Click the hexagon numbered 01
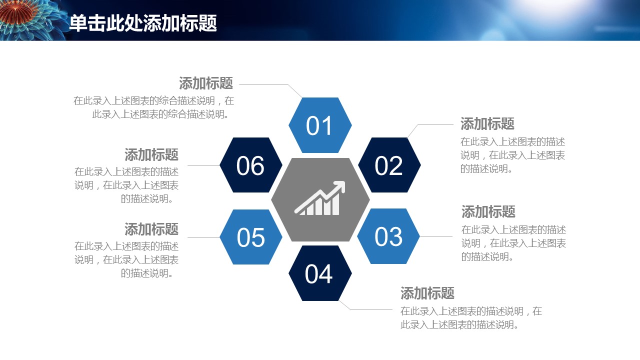(320, 125)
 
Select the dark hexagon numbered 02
(389, 165)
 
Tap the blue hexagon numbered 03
(388, 236)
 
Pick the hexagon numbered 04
(320, 273)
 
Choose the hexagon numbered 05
(251, 237)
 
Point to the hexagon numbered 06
(251, 165)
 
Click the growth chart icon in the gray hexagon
(320, 198)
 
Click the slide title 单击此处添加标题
(143, 23)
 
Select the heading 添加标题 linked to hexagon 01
(206, 83)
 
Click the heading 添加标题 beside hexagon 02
(487, 123)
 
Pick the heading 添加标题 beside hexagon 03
(488, 211)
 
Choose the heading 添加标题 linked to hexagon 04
(427, 293)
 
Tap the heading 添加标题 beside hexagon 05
(151, 229)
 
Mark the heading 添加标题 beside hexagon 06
(151, 154)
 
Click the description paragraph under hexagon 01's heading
(153, 107)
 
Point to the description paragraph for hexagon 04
(471, 317)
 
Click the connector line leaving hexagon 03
(436, 236)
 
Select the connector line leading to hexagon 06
(203, 165)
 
